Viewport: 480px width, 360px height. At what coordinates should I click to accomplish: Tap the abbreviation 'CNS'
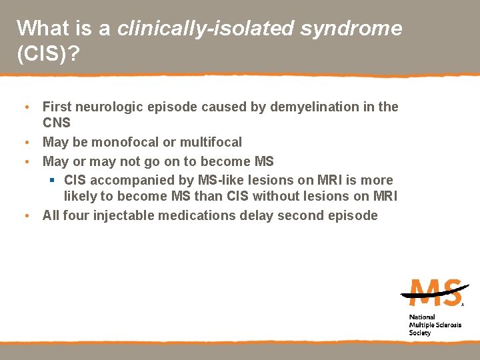tap(57, 123)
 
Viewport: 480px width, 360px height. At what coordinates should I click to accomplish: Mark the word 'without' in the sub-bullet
tap(293, 196)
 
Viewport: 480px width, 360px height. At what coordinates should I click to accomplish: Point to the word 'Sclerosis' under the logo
tap(447, 325)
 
